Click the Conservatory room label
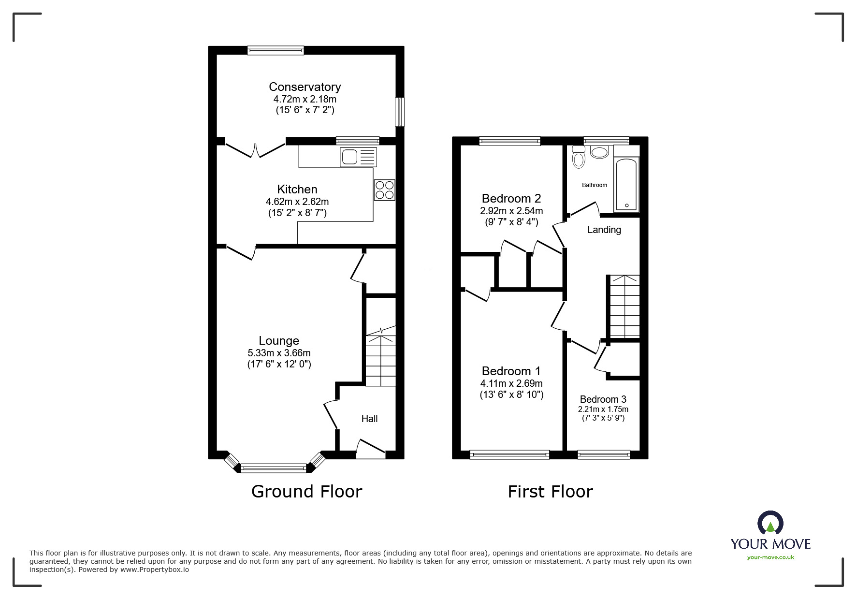click(x=305, y=87)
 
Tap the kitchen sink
click(x=358, y=157)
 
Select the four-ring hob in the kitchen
click(x=384, y=190)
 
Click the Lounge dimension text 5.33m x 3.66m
click(x=279, y=353)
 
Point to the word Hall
click(x=369, y=419)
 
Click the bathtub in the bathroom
click(x=626, y=185)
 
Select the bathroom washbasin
click(x=600, y=152)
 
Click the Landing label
click(x=604, y=230)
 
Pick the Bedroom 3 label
click(x=603, y=399)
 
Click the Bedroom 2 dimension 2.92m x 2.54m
click(x=511, y=211)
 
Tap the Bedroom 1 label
click(x=511, y=371)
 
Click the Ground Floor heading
click(x=306, y=492)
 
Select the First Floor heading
click(x=550, y=492)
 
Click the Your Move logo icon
click(x=770, y=523)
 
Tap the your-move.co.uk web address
click(x=770, y=557)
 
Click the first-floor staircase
click(x=624, y=307)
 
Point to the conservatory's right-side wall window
click(x=400, y=112)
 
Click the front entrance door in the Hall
click(x=371, y=449)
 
